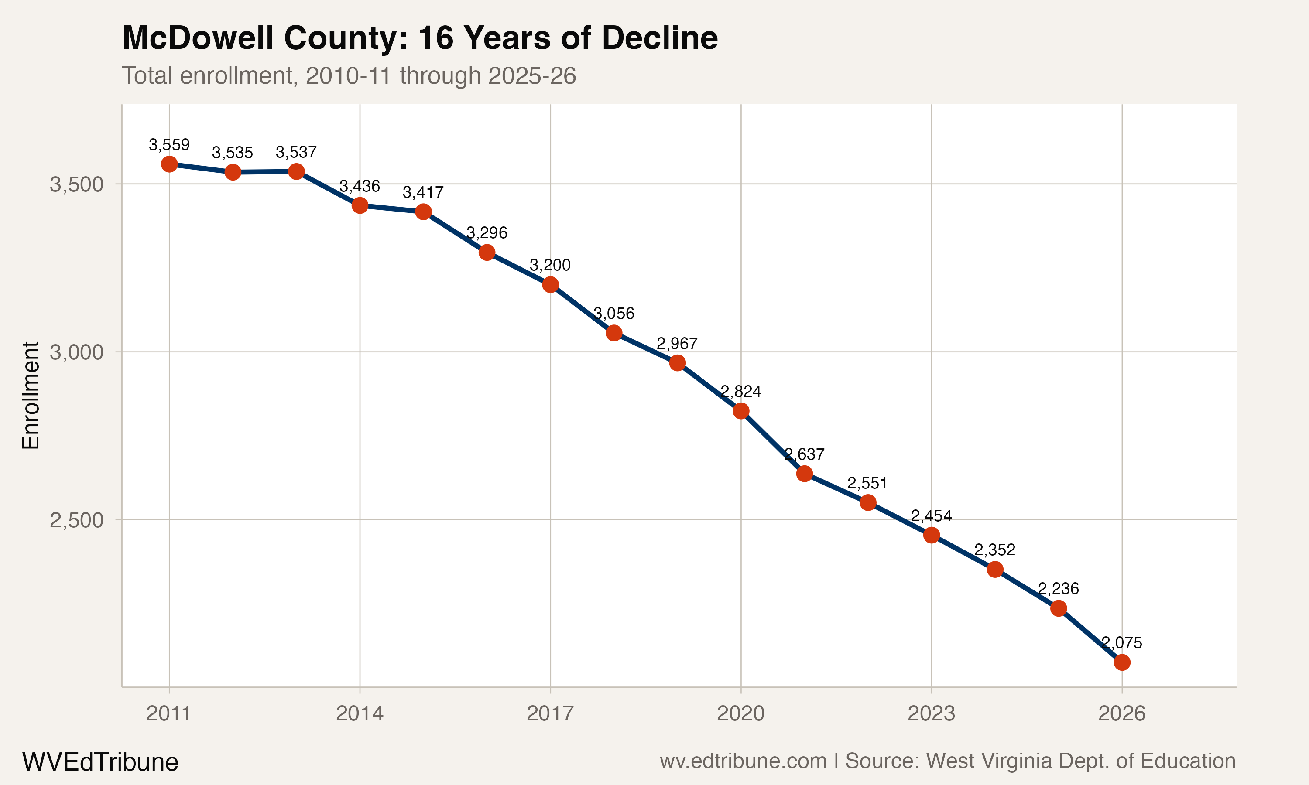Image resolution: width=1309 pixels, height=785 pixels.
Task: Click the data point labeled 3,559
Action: (x=169, y=164)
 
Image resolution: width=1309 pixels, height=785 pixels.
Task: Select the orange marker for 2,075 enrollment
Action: (x=1122, y=662)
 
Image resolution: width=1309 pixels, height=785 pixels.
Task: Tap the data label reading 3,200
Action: (x=550, y=265)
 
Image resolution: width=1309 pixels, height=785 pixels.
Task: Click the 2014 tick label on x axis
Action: (x=360, y=713)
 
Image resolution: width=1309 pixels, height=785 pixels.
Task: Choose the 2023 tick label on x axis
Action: (x=931, y=713)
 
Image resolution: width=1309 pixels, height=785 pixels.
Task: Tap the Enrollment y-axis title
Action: (x=31, y=396)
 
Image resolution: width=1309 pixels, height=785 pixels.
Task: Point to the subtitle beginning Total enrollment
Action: (x=349, y=75)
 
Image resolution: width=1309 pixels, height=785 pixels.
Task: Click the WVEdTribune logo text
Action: (x=100, y=762)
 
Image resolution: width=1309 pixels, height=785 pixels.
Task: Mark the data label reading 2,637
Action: (x=804, y=454)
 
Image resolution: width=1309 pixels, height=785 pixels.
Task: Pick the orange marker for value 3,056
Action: (x=614, y=333)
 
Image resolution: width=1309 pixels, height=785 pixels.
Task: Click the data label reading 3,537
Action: (x=296, y=152)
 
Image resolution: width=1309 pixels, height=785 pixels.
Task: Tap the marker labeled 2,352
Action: (x=995, y=569)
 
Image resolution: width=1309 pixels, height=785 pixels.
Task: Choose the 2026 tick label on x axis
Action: (x=1122, y=713)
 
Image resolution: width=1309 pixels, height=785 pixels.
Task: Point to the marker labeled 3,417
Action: (x=423, y=212)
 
